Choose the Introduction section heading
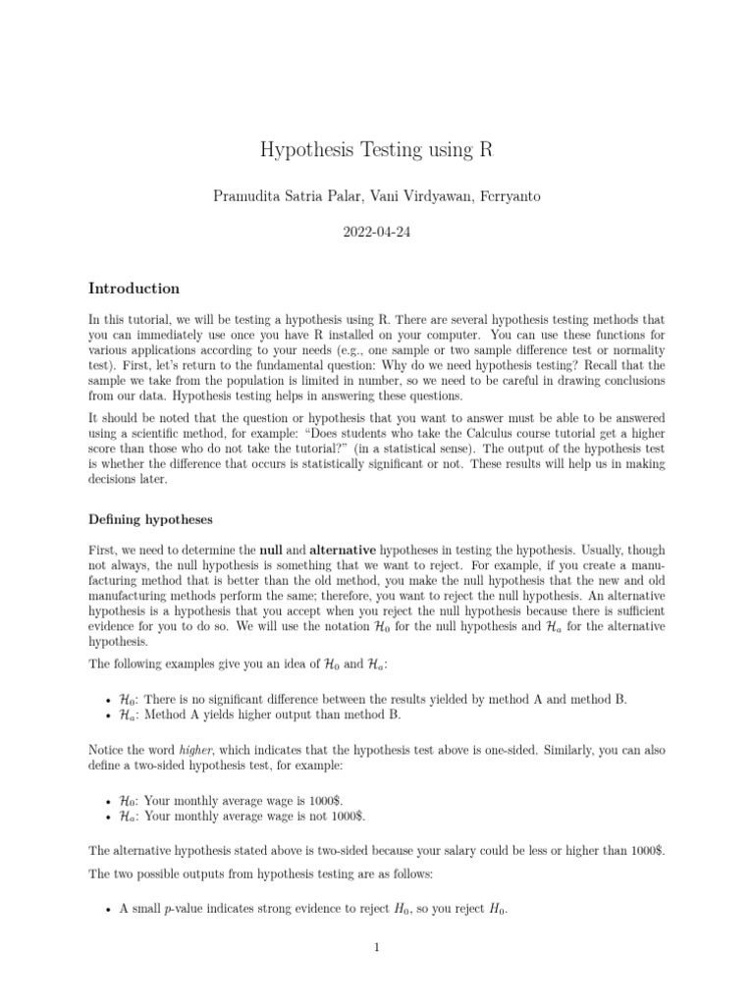(134, 289)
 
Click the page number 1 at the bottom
(377, 947)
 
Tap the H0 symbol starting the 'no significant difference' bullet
(126, 699)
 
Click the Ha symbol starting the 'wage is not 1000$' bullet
(126, 815)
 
